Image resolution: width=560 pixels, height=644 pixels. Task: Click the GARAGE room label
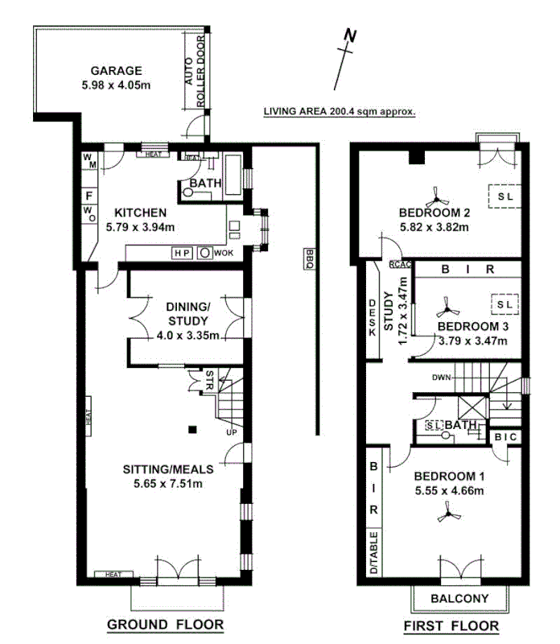(x=116, y=71)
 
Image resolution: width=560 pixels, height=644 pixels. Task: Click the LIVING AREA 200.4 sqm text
(x=339, y=113)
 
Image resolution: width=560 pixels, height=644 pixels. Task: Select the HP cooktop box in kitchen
(x=183, y=253)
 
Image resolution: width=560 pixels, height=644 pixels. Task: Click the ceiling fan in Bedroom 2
(x=437, y=194)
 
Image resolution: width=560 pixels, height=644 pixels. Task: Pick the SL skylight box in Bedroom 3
(x=503, y=305)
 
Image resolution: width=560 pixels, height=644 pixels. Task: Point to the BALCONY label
(x=459, y=598)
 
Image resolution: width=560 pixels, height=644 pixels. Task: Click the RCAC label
(x=400, y=263)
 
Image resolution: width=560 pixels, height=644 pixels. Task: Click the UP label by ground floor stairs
(x=233, y=432)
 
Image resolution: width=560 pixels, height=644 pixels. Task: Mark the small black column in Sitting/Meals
(x=192, y=428)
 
